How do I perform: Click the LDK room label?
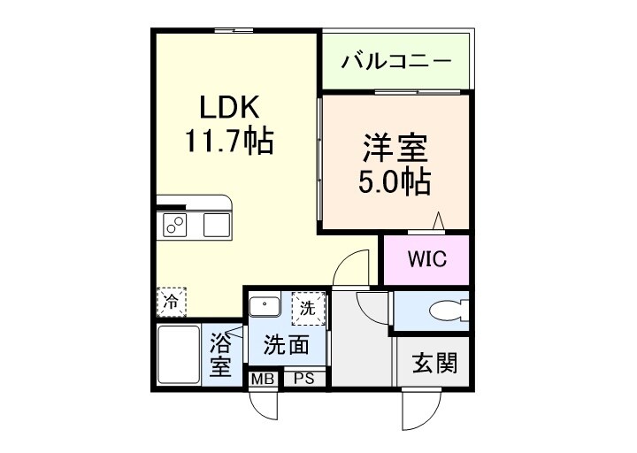[x=228, y=109]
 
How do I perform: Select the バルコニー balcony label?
[x=397, y=62]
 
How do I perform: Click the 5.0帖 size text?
[x=394, y=181]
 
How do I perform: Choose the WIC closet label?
[x=426, y=260]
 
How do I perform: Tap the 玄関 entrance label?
[x=434, y=362]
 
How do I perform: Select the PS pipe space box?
[x=304, y=380]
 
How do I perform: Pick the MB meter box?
[x=262, y=380]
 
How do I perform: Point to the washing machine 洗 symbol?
[x=306, y=310]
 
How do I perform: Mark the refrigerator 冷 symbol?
[x=172, y=302]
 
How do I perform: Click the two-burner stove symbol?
[x=174, y=226]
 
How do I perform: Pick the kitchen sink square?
[x=217, y=225]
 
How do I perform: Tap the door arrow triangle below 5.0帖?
[x=438, y=222]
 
